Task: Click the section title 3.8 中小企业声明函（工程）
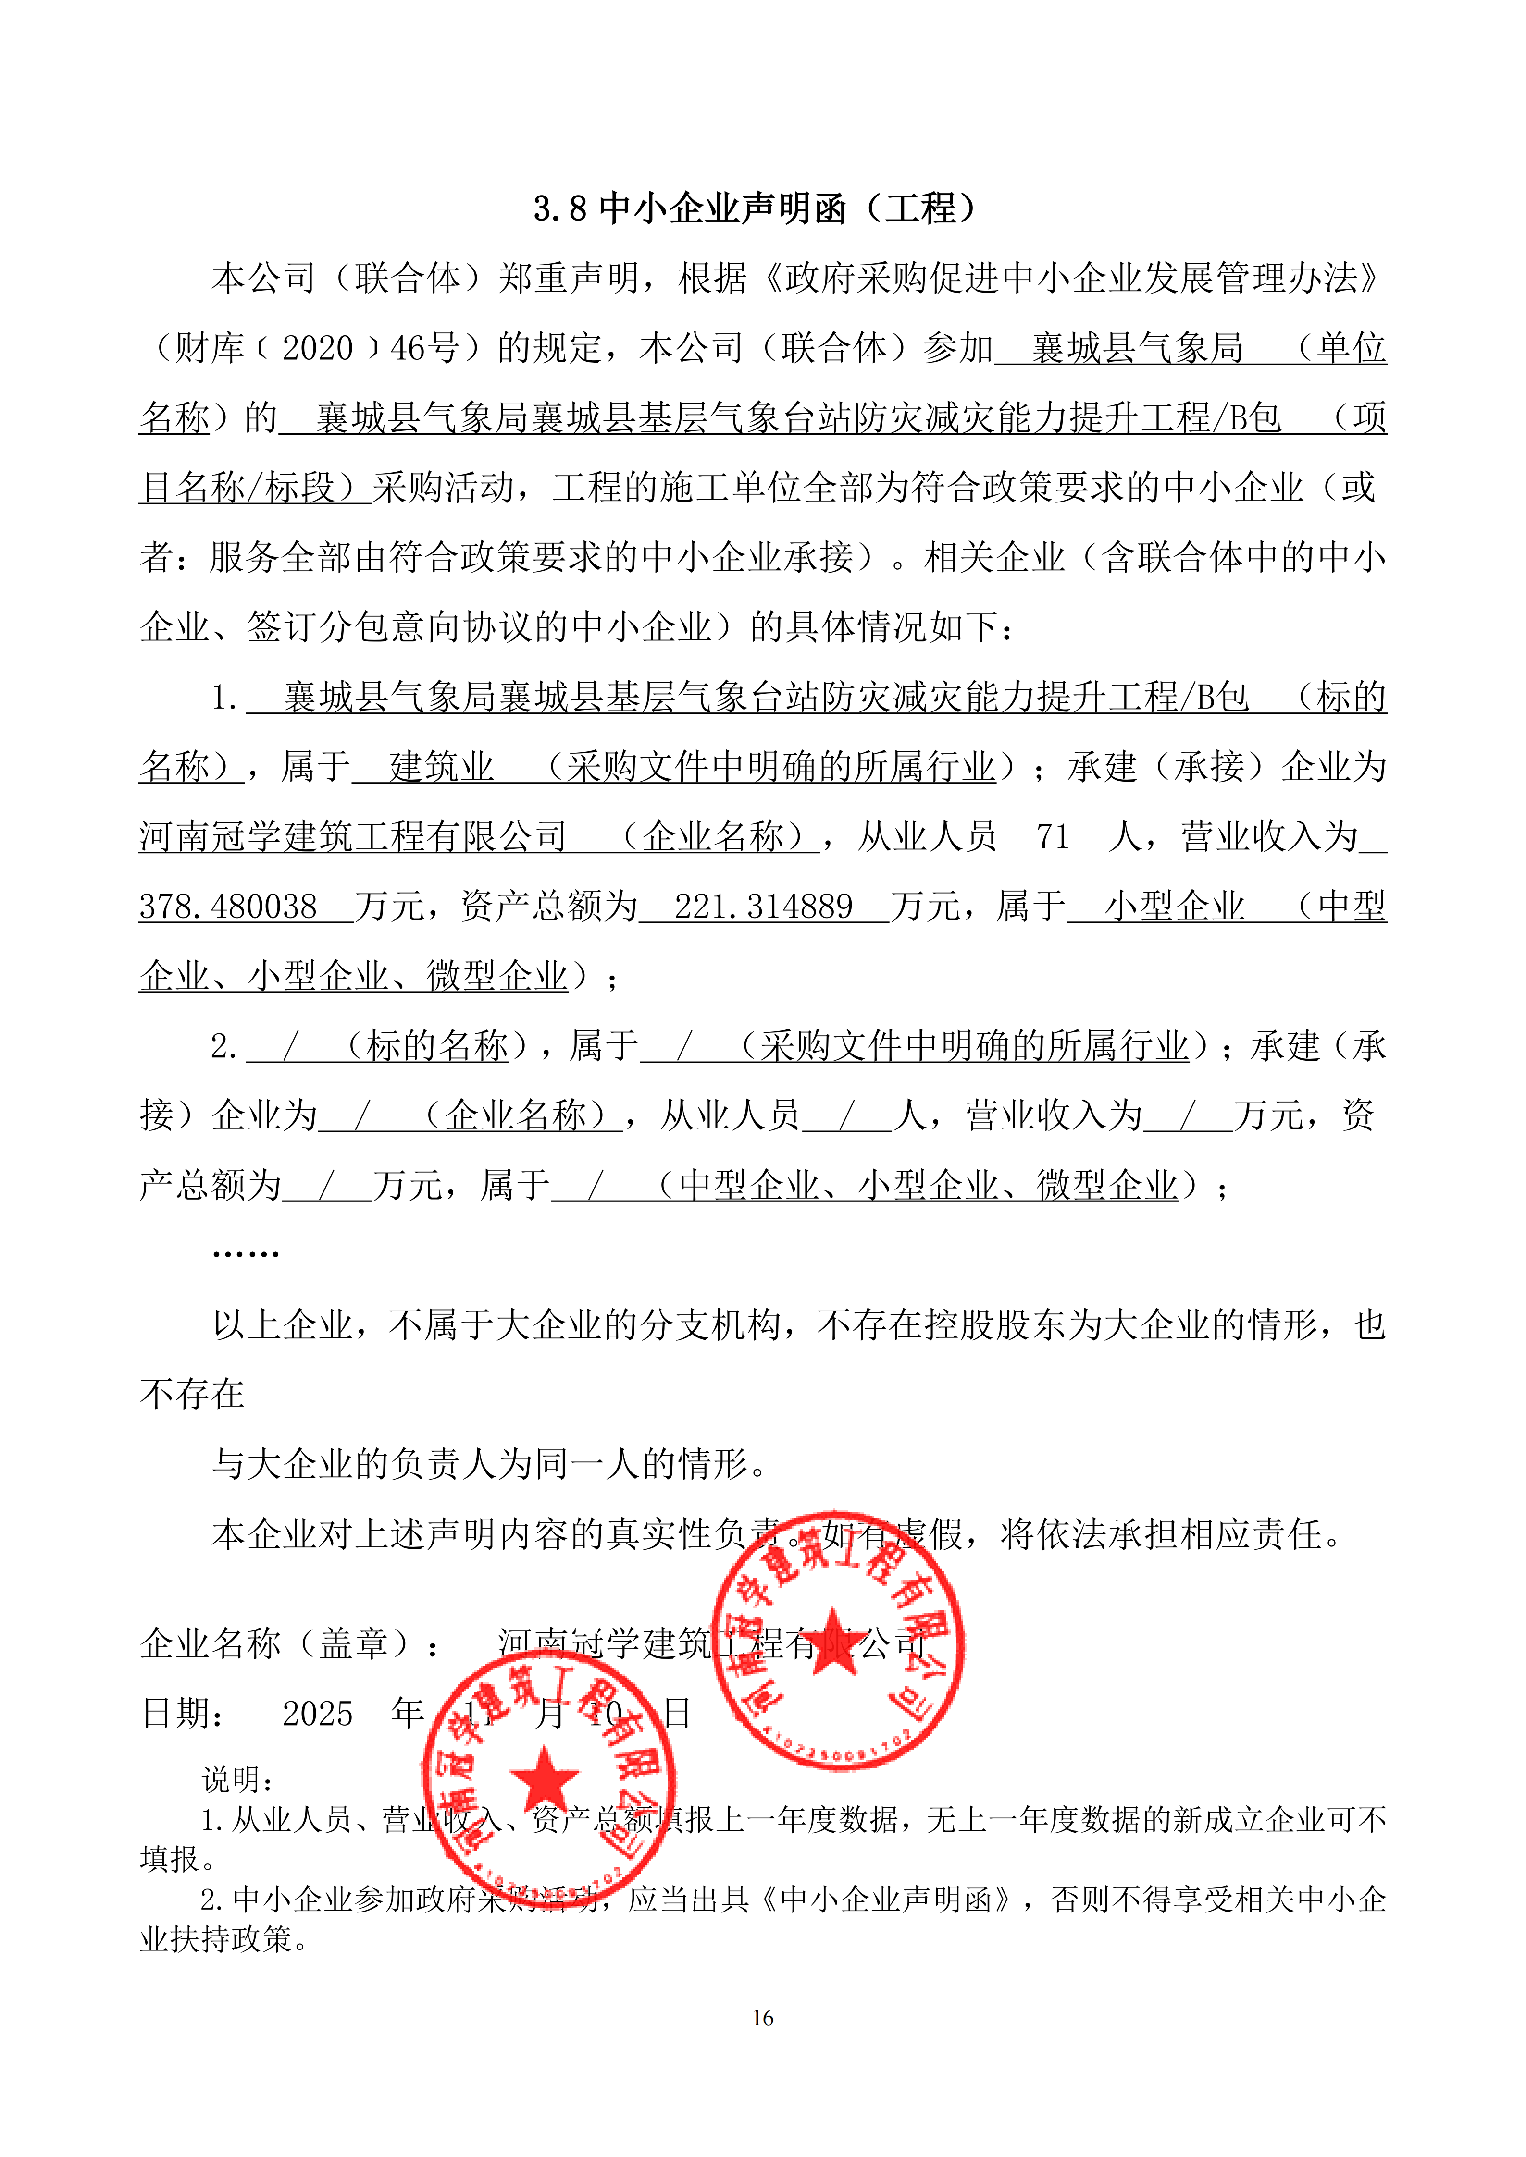[x=757, y=208]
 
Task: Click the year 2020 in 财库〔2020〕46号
[x=318, y=349]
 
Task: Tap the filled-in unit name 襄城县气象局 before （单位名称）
[x=1137, y=349]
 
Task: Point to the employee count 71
[x=1053, y=836]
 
